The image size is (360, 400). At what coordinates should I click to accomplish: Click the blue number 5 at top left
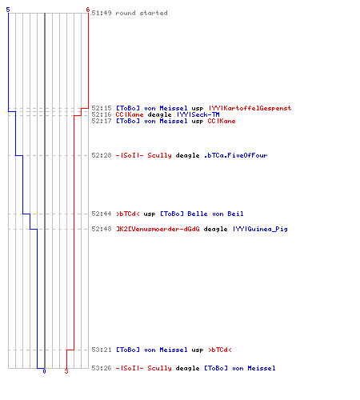pos(8,10)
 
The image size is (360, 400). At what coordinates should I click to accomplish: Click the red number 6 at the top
pos(88,10)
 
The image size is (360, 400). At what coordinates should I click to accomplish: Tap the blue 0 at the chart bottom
pos(44,371)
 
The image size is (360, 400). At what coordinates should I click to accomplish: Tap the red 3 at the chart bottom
pos(66,371)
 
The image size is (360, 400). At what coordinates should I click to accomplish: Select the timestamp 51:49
pos(102,13)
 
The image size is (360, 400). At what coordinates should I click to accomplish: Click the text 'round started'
pos(142,13)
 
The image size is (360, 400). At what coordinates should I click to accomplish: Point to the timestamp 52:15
pos(102,108)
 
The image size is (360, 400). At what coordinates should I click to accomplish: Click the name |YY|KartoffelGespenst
pos(250,108)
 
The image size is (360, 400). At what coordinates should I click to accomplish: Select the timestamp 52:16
pos(102,114)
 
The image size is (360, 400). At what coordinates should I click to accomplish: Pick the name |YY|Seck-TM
pos(198,114)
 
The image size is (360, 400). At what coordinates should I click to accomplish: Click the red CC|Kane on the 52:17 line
pos(222,121)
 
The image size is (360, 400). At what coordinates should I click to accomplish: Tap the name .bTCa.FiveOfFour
pos(235,155)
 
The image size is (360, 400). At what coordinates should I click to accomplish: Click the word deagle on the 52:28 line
pos(187,155)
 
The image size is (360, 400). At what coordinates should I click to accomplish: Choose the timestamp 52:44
pos(102,214)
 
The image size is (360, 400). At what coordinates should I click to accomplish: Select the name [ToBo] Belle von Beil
pos(202,214)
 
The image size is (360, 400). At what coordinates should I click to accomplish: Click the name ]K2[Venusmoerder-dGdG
pos(158,229)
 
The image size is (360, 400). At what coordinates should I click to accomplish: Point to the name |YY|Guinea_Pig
pos(260,229)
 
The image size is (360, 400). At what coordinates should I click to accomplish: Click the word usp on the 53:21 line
pos(198,350)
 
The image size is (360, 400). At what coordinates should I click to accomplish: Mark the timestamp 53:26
pos(102,368)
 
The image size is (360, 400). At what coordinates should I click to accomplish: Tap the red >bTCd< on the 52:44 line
pos(128,214)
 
